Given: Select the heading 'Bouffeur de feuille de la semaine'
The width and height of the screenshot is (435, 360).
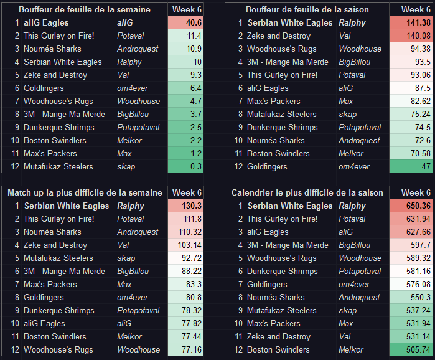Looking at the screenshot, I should (84, 9).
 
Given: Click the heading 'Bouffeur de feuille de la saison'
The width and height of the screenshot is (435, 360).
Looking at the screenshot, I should (307, 9).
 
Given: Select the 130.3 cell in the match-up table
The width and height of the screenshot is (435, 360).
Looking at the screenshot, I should (190, 206).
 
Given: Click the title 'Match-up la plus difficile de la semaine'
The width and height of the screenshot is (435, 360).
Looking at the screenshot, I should (85, 192).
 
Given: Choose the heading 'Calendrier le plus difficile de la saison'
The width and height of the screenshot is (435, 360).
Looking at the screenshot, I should (307, 192).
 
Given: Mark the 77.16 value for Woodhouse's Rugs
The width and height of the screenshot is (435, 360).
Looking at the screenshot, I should (190, 349).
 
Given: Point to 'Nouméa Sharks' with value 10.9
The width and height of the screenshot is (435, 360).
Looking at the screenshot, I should (52, 49).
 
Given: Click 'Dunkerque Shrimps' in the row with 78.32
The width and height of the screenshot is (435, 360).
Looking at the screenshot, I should (59, 310).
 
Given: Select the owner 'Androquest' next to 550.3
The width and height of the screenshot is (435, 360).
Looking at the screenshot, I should (359, 297).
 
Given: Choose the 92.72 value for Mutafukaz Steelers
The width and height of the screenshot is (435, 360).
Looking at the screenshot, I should (190, 258).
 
